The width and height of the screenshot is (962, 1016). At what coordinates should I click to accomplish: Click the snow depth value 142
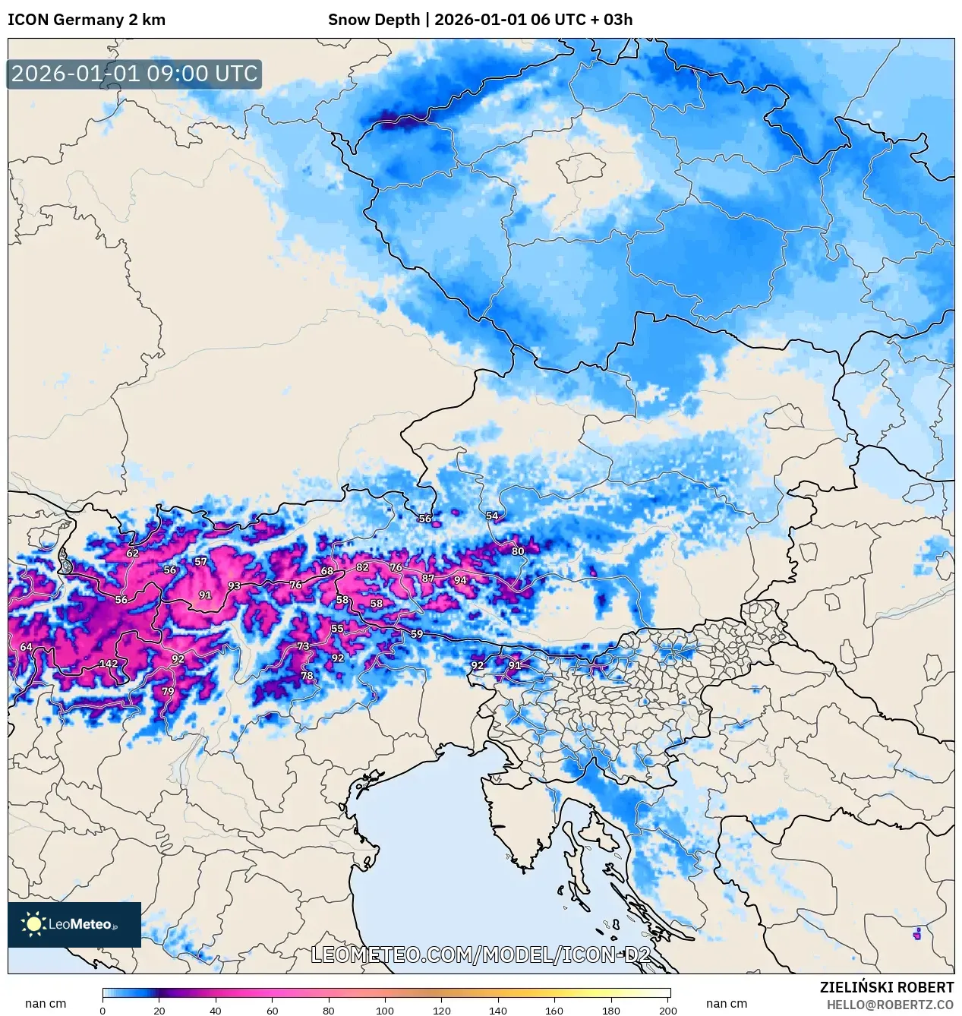coord(109,664)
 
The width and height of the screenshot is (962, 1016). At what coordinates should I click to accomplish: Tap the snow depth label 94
coord(460,580)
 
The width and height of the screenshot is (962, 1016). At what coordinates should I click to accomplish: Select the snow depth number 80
coord(518,551)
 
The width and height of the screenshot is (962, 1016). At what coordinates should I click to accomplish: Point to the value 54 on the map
coord(492,516)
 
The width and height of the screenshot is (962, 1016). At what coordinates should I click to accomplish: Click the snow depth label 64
coord(26,647)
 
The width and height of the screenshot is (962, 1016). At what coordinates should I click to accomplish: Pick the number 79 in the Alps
coord(168,691)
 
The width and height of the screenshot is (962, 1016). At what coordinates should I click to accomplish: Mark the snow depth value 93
coord(234,585)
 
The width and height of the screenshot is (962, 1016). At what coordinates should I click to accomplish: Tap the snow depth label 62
coord(133,553)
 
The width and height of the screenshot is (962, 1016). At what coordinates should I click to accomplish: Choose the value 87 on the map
coord(428,578)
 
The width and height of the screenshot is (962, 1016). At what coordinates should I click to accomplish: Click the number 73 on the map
coord(303,646)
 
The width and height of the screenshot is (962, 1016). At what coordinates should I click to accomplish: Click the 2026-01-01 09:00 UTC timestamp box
coord(134,74)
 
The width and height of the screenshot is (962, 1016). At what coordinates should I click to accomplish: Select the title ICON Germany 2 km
coord(87,20)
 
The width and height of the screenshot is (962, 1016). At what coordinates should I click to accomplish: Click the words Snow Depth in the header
coord(374,20)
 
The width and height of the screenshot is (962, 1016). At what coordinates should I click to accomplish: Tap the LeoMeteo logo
coord(74,924)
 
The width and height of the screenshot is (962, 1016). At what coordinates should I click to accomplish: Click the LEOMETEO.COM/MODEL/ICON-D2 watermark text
coord(481,954)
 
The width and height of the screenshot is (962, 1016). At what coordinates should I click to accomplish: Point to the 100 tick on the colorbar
coord(385,1010)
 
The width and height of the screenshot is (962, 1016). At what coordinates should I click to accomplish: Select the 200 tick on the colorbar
coord(667,1010)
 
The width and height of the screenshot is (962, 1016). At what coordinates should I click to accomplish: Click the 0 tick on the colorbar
coord(103,1010)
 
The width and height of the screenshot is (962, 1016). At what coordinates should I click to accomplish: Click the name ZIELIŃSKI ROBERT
coord(886,987)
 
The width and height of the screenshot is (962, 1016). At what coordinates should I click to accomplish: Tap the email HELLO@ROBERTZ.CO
coord(890,1005)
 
